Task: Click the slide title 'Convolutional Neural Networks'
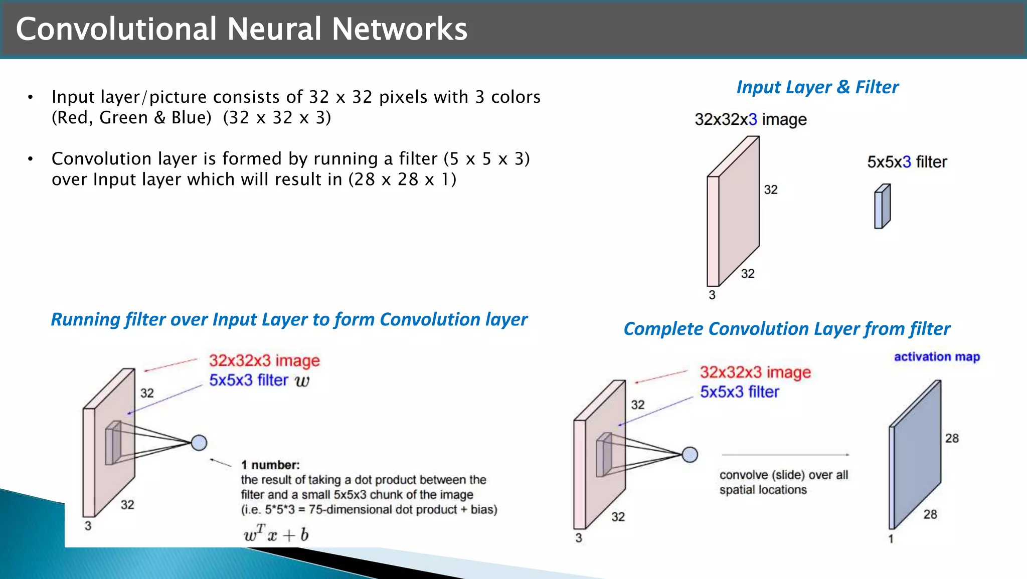(241, 29)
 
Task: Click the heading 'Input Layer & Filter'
(817, 87)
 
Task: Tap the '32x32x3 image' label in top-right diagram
(751, 120)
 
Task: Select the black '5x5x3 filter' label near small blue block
(907, 162)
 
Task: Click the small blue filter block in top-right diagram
(882, 207)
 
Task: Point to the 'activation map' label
(937, 357)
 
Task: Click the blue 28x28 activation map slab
(915, 454)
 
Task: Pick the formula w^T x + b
(276, 534)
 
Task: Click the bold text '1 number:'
(270, 465)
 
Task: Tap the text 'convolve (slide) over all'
(784, 475)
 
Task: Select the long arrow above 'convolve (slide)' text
(785, 455)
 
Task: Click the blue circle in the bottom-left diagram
(199, 443)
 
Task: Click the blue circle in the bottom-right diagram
(690, 454)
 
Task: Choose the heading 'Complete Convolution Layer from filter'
(786, 329)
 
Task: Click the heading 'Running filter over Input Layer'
(289, 320)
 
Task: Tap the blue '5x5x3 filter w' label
(259, 380)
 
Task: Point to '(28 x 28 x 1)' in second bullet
(402, 179)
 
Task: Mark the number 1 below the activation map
(891, 539)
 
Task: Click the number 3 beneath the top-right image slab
(712, 295)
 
